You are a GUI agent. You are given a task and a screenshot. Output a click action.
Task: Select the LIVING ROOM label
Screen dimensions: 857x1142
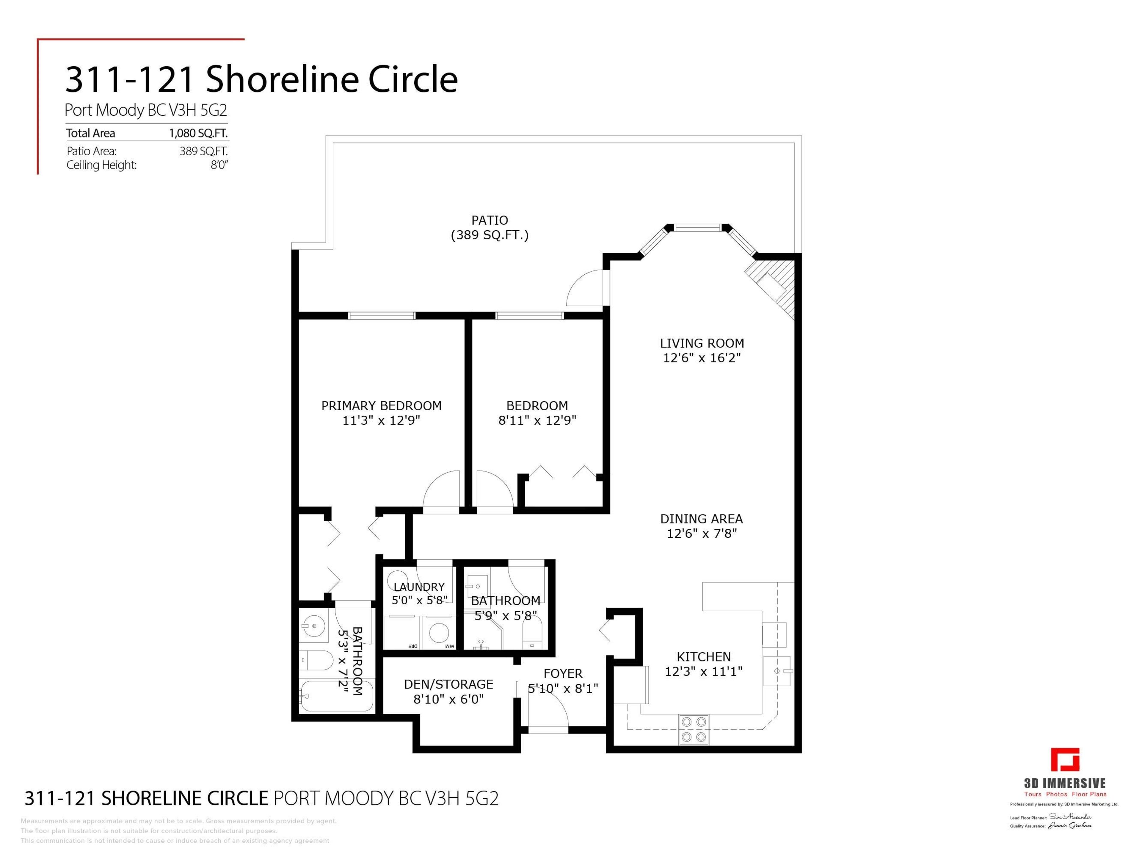tap(702, 343)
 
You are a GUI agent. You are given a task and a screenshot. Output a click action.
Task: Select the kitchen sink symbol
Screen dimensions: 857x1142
tap(777, 670)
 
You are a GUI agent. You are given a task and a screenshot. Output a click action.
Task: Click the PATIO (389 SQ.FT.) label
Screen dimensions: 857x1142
tap(490, 227)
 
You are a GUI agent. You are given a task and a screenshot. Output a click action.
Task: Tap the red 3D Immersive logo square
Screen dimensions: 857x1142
tap(1065, 760)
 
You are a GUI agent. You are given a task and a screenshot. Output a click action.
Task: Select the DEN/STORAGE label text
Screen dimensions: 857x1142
tap(448, 684)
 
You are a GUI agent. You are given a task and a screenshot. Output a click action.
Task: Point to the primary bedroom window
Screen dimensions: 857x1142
tap(382, 316)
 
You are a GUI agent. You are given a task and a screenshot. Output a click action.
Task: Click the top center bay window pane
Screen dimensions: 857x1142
tap(697, 227)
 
